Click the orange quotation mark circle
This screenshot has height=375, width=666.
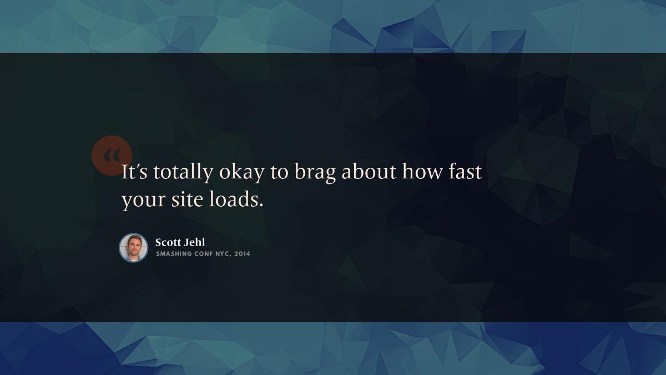112,156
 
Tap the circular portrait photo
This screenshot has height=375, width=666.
134,248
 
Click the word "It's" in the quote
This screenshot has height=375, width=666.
134,172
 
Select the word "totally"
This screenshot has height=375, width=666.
183,173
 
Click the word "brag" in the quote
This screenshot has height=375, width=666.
315,173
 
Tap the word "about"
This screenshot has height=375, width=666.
369,172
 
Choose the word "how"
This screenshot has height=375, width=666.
422,172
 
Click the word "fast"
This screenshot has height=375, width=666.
465,172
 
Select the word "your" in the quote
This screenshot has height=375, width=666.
143,201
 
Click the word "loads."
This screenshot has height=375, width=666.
236,199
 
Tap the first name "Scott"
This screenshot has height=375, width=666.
168,242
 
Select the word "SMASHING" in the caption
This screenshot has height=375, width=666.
174,254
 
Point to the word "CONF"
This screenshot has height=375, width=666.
204,254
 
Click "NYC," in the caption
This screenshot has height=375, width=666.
224,254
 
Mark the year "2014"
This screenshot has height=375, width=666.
243,254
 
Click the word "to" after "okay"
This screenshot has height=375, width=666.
280,173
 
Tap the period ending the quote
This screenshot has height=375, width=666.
261,205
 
